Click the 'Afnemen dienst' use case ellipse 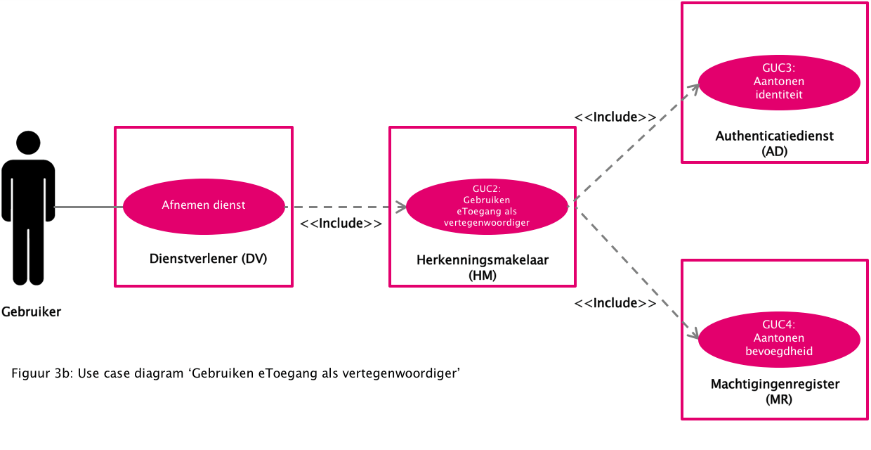tap(204, 206)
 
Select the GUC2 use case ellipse tap(487, 206)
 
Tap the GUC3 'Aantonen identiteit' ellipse tap(778, 82)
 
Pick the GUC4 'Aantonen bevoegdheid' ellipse tap(778, 338)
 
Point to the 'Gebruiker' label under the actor tap(31, 311)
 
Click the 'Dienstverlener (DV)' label tap(209, 259)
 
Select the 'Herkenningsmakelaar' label tap(483, 260)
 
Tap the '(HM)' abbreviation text tap(483, 276)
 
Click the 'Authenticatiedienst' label tap(775, 136)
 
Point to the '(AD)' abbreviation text tap(775, 151)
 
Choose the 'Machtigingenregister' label tap(775, 384)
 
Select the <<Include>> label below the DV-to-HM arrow tap(341, 224)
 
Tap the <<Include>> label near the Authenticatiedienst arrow tap(615, 117)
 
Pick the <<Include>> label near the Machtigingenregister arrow tap(615, 303)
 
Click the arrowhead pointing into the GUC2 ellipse tap(402, 207)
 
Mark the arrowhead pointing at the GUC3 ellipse tap(695, 88)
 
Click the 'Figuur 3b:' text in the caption tap(42, 373)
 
